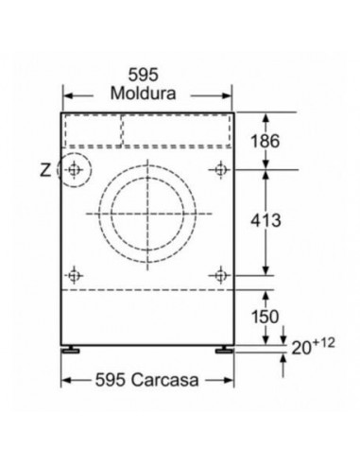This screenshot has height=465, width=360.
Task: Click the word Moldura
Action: click(143, 94)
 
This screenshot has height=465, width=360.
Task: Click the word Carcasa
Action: click(165, 379)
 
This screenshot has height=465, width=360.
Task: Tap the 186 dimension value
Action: click(265, 141)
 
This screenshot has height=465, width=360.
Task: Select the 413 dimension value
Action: click(266, 220)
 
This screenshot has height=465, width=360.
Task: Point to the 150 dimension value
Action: click(265, 317)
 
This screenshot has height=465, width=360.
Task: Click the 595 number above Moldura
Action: click(143, 75)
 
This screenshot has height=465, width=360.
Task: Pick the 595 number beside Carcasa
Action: click(111, 379)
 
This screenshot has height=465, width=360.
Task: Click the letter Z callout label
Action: click(45, 170)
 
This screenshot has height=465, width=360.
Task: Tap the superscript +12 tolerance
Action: click(324, 343)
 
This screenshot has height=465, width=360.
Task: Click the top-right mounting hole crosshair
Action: click(221, 170)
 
